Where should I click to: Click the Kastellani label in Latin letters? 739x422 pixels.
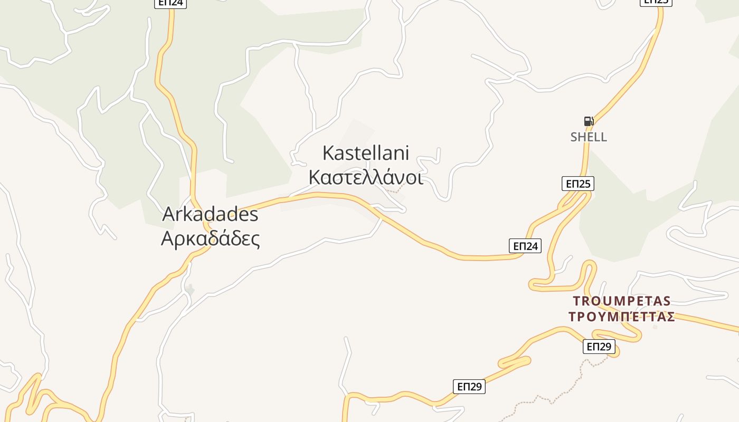(x=365, y=153)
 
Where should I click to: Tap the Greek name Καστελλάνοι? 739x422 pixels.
(x=365, y=178)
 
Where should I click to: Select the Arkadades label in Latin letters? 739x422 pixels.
(x=210, y=214)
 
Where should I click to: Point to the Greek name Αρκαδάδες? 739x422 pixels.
(x=210, y=239)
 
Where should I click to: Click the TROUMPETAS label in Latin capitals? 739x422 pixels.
(x=622, y=301)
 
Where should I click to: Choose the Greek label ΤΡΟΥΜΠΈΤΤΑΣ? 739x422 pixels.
(x=622, y=317)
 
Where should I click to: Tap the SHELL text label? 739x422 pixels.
(x=589, y=137)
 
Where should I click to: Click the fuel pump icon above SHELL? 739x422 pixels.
(x=589, y=121)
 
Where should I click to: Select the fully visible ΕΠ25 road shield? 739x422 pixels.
(x=577, y=184)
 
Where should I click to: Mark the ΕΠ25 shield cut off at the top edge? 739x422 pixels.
(x=656, y=2)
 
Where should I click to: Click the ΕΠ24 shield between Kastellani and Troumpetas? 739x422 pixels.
(x=525, y=246)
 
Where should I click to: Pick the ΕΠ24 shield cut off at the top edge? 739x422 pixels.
(x=170, y=3)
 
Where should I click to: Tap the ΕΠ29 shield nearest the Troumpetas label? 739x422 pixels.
(x=599, y=347)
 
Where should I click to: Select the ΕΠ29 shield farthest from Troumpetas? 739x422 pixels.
(x=469, y=387)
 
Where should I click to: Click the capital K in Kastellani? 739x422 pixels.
(x=327, y=153)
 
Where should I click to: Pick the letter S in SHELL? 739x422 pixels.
(x=574, y=137)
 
